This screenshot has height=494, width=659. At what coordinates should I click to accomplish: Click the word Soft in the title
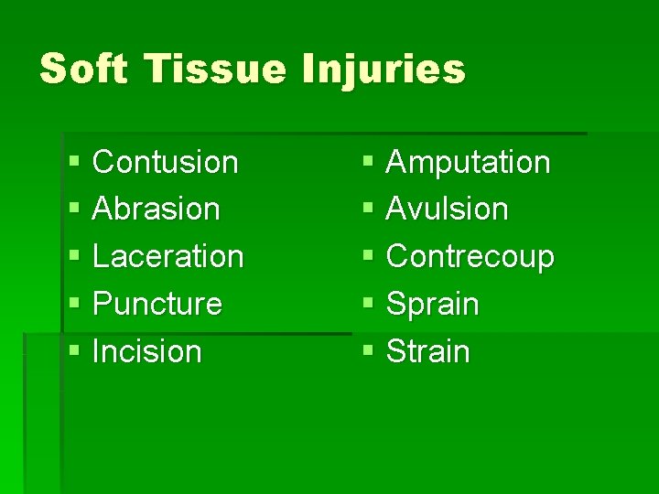[x=83, y=69]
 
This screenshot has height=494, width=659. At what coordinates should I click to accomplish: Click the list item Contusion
[x=166, y=162]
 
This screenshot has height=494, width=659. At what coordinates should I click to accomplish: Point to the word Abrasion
[x=157, y=209]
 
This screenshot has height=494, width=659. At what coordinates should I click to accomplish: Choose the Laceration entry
[x=168, y=256]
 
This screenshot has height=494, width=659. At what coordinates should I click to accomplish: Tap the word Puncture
[x=157, y=304]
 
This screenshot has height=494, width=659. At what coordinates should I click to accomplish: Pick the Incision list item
[x=147, y=351]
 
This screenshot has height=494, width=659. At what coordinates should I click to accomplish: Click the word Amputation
[x=469, y=162]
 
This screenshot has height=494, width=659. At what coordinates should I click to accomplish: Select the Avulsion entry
[x=448, y=209]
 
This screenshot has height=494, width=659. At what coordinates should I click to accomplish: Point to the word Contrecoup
[x=470, y=256]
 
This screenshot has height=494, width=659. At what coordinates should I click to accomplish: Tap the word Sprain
[x=433, y=304]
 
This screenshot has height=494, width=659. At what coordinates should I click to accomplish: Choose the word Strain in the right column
[x=428, y=351]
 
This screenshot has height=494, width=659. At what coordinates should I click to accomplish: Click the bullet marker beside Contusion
[x=73, y=163]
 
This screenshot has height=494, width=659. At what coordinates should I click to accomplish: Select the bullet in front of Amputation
[x=367, y=163]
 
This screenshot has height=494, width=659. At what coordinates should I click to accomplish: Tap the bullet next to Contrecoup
[x=367, y=257]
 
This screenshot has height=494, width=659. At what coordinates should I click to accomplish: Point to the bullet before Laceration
[x=73, y=257]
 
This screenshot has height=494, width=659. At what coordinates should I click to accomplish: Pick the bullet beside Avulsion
[x=367, y=209]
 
